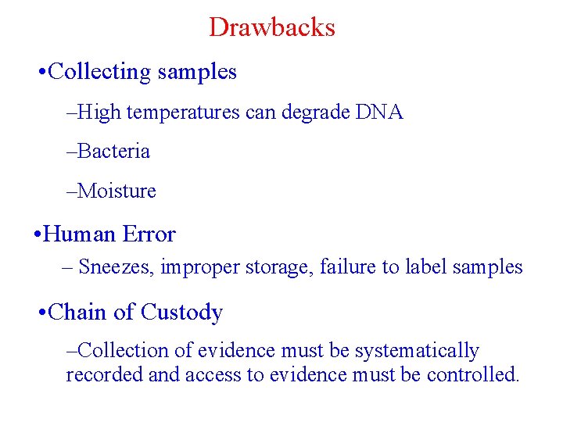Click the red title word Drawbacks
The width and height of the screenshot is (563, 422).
click(x=272, y=27)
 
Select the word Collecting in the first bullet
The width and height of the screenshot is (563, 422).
click(x=99, y=72)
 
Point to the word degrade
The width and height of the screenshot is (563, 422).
click(x=315, y=113)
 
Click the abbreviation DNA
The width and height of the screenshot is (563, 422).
click(x=379, y=113)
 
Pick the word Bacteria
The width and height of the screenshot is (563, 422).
click(x=113, y=151)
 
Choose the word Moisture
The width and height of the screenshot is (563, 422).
click(x=117, y=191)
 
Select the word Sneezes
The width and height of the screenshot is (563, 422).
click(x=117, y=267)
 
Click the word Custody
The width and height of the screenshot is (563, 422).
click(x=181, y=313)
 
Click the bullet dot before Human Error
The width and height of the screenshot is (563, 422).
click(x=38, y=234)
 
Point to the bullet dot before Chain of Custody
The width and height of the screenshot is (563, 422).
click(x=41, y=313)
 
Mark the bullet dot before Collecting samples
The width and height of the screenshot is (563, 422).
click(x=41, y=73)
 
